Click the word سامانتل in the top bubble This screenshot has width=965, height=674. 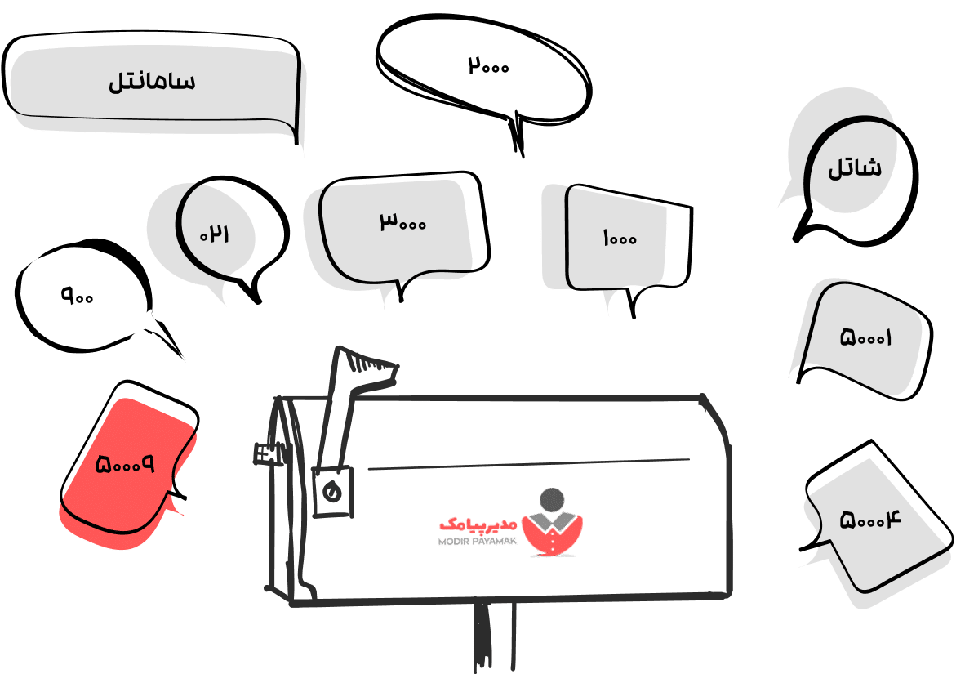pyautogui.click(x=152, y=82)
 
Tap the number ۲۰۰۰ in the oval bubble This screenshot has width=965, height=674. pyautogui.click(x=488, y=65)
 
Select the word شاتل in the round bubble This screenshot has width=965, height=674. pyautogui.click(x=855, y=169)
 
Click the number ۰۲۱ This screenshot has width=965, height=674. pyautogui.click(x=215, y=234)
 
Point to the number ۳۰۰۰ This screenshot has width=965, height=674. pyautogui.click(x=402, y=221)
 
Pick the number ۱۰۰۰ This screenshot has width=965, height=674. pyautogui.click(x=620, y=239)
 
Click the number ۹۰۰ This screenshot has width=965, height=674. pyautogui.click(x=78, y=295)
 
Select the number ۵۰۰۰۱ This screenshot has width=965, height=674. pyautogui.click(x=866, y=337)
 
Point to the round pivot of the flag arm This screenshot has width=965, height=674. pyautogui.click(x=331, y=492)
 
